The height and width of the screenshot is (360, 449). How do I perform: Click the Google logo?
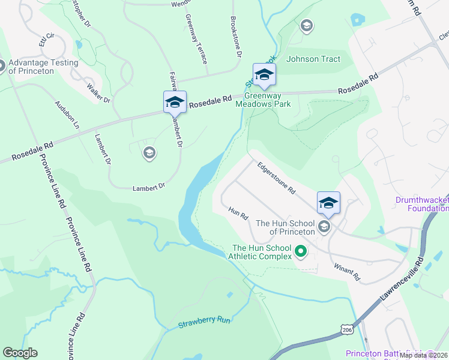click(20, 353)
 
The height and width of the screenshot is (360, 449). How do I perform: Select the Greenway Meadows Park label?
click(268, 100)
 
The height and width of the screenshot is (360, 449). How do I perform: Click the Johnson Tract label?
click(313, 59)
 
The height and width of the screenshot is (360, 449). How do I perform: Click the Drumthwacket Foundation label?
click(422, 204)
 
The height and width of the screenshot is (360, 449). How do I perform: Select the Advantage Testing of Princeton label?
click(43, 67)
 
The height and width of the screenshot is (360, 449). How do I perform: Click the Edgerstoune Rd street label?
click(277, 178)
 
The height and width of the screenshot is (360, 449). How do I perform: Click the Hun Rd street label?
click(238, 212)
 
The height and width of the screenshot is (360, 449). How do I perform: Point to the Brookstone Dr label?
click(235, 37)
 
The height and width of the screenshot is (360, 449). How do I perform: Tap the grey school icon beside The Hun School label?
click(325, 226)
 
